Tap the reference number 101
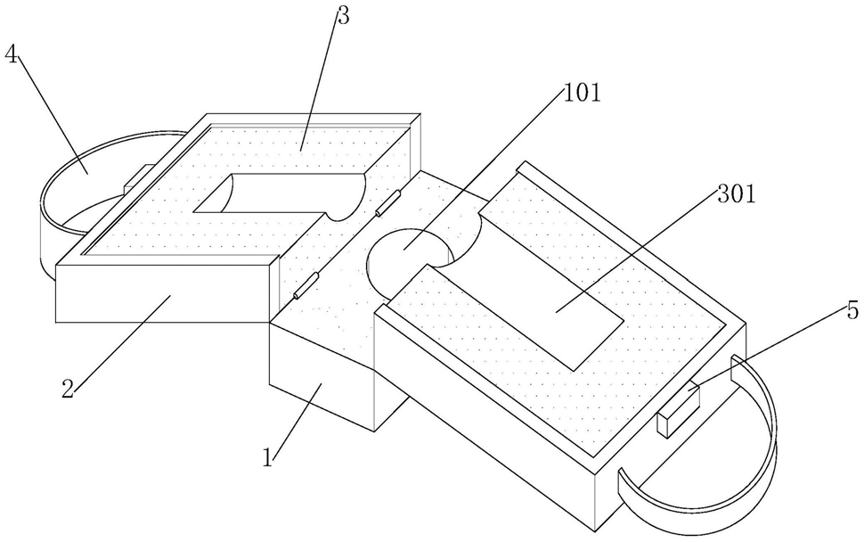pyautogui.click(x=582, y=94)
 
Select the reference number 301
pyautogui.click(x=736, y=194)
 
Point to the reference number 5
pyautogui.click(x=852, y=311)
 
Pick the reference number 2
pyautogui.click(x=67, y=390)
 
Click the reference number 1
pyautogui.click(x=268, y=457)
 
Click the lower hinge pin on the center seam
pyautogui.click(x=306, y=285)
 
